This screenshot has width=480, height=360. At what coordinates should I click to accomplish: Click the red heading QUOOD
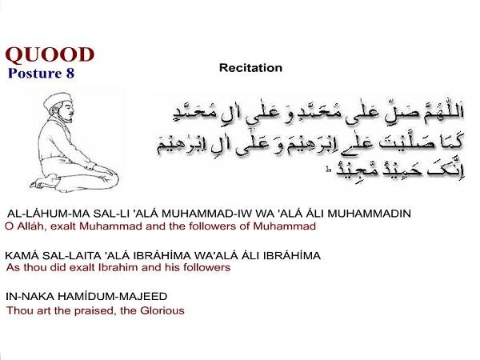tap(50, 55)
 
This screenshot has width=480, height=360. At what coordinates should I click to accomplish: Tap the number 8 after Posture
tap(70, 73)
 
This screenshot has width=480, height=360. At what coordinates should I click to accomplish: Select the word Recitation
tap(250, 68)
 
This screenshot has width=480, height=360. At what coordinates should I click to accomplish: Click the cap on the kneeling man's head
tap(58, 100)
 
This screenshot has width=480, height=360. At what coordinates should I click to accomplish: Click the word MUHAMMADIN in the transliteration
tap(369, 214)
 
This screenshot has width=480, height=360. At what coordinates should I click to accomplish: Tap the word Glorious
tap(162, 310)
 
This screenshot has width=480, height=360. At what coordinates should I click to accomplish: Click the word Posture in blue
tap(35, 73)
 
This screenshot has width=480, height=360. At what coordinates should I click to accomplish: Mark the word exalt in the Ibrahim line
tap(82, 267)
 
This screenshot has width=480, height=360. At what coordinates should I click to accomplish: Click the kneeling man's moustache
tap(71, 114)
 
